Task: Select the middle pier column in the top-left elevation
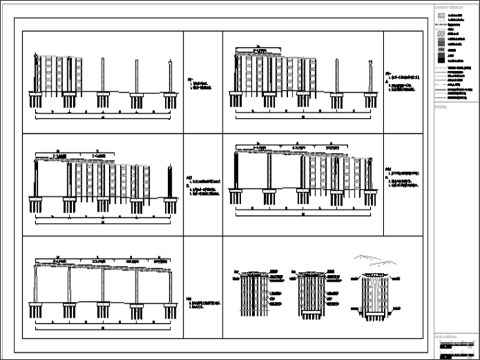point(103,76)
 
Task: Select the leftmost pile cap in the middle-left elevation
point(35,201)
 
